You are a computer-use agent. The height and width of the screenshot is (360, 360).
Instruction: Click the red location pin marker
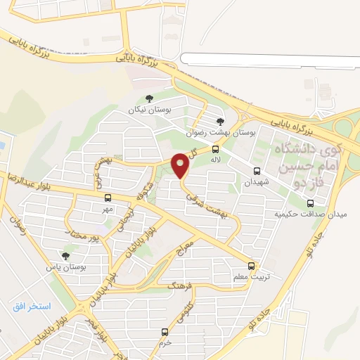181,165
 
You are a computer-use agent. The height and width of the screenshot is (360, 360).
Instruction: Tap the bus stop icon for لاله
215,149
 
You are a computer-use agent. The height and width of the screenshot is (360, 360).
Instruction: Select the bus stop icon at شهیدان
257,171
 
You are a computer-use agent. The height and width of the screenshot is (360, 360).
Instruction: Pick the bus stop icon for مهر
107,198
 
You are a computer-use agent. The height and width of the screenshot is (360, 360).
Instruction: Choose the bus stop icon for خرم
165,331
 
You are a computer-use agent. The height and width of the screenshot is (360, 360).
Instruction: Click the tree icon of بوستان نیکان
148,99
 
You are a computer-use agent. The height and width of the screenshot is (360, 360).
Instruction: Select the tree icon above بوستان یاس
65,256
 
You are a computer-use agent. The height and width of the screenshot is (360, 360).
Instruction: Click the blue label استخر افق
32,306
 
